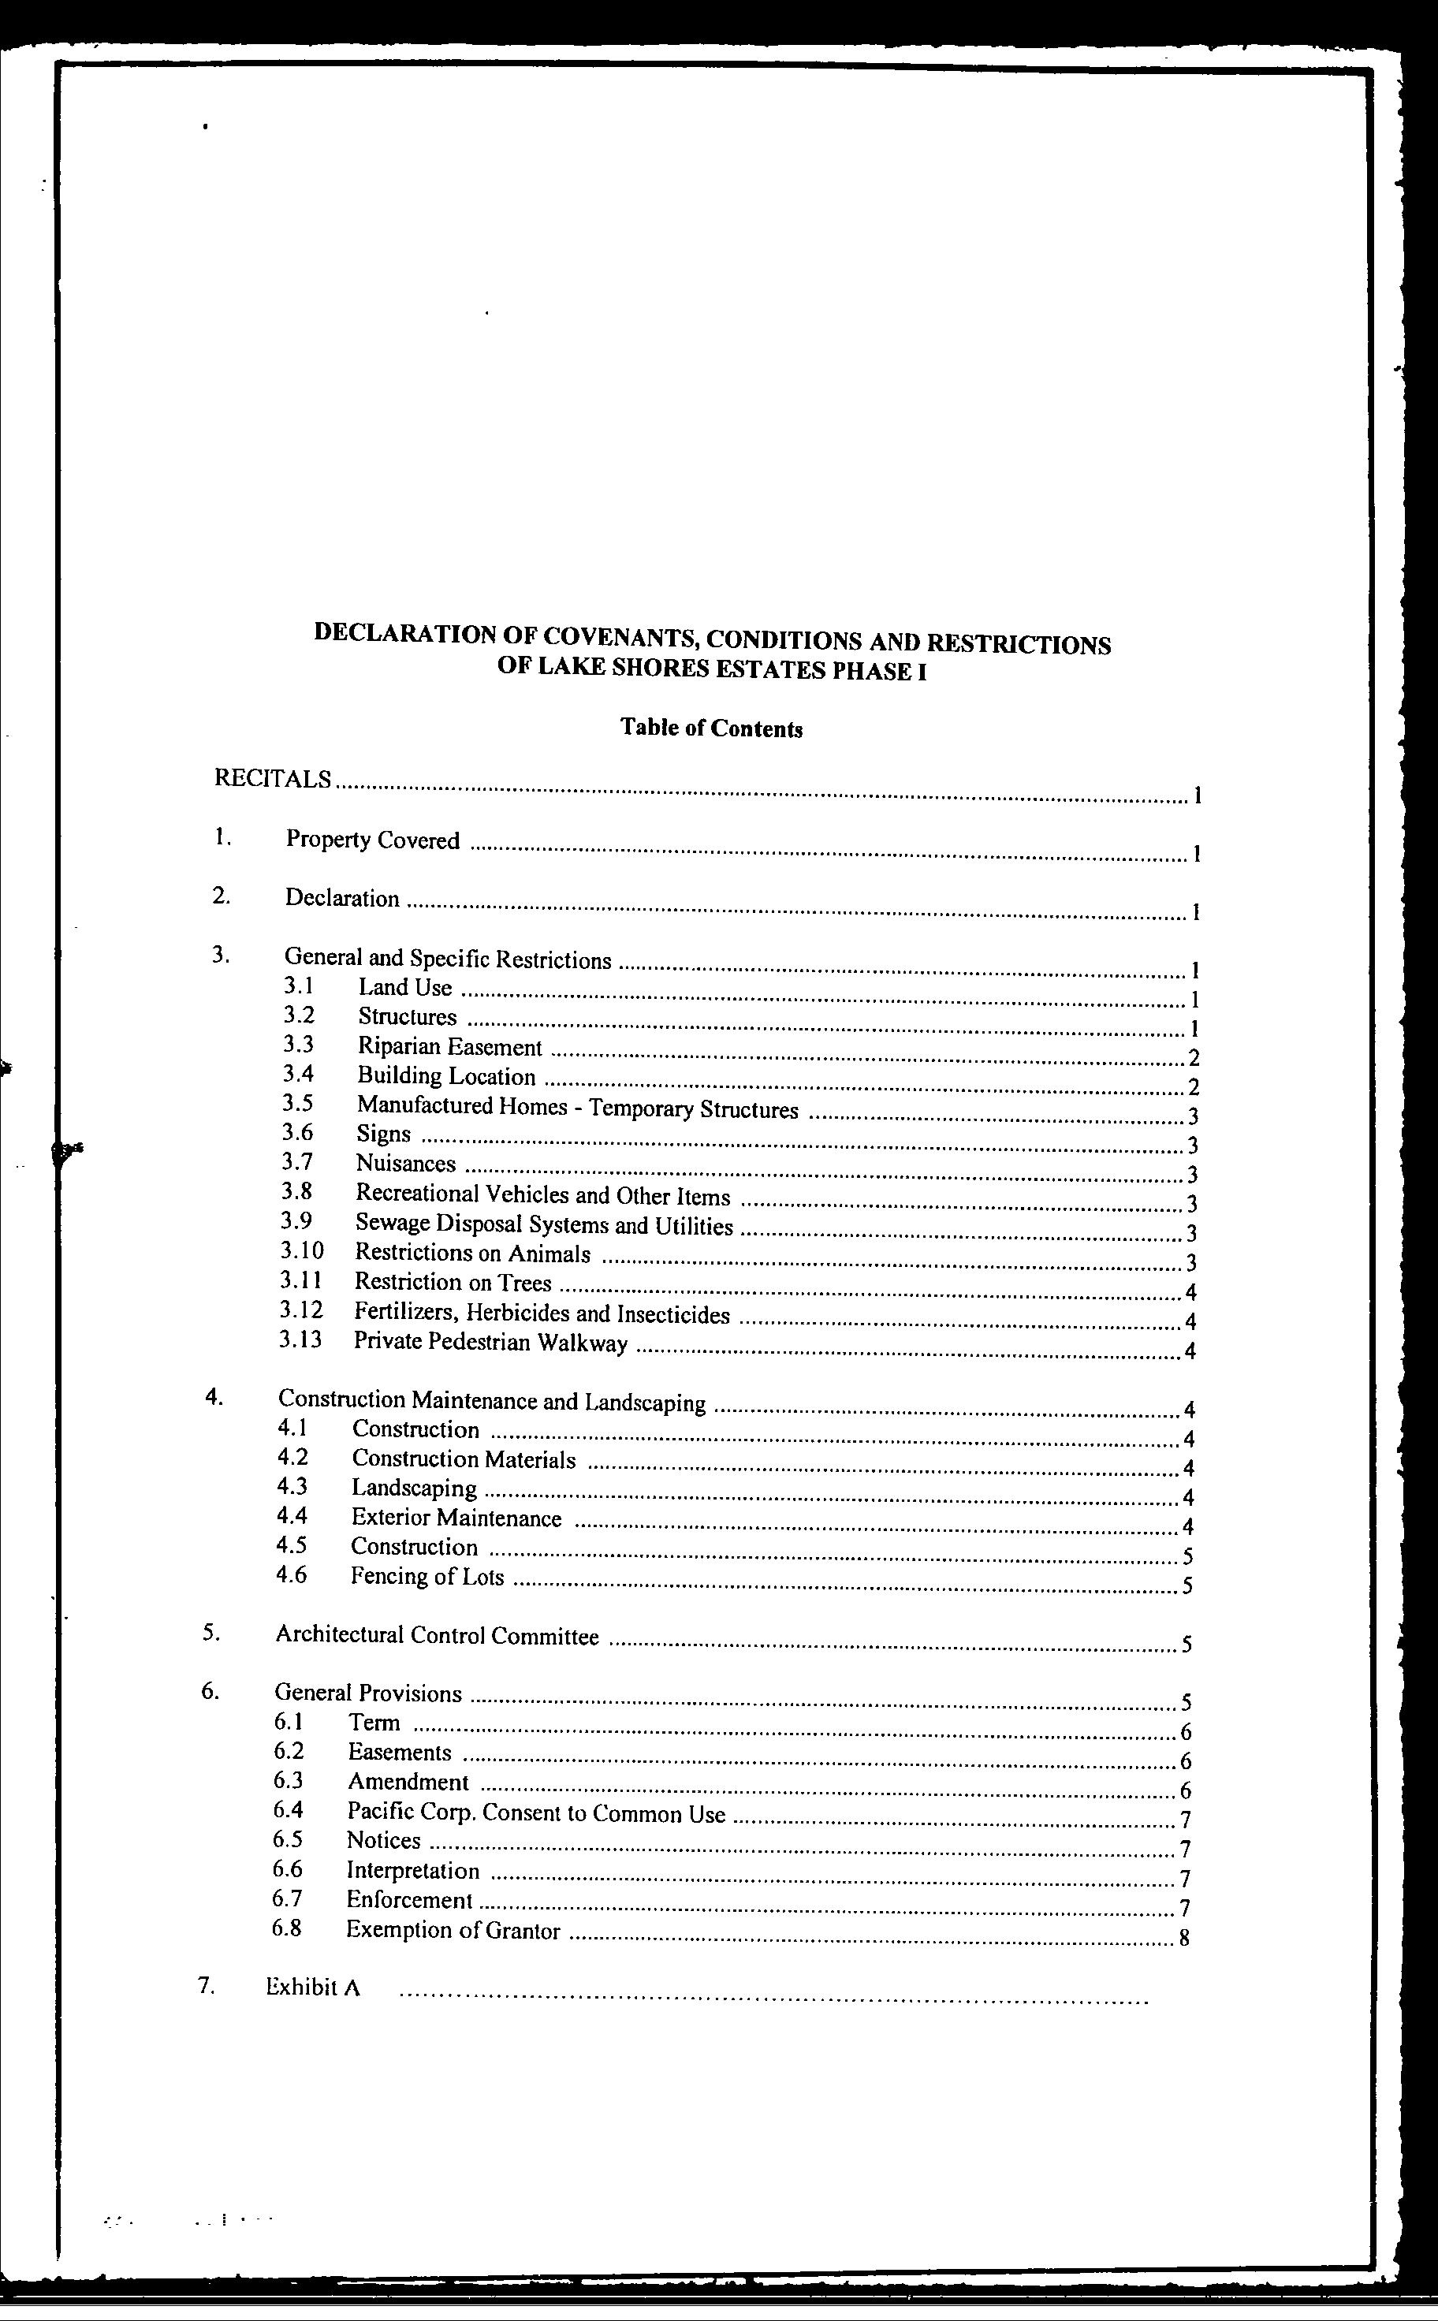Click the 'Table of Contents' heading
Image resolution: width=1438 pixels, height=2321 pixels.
click(x=711, y=728)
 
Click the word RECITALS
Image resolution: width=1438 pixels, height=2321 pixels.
click(x=273, y=779)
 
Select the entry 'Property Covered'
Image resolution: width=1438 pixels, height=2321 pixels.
click(x=373, y=840)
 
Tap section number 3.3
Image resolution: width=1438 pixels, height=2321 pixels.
click(x=299, y=1045)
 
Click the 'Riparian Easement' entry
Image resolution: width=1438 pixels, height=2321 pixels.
click(x=450, y=1048)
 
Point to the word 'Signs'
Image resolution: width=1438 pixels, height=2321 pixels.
click(x=383, y=1134)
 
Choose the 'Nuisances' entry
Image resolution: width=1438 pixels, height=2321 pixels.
click(x=406, y=1164)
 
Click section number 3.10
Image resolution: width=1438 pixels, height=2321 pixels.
click(x=301, y=1251)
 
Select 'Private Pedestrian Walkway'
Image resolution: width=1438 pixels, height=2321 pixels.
click(x=490, y=1343)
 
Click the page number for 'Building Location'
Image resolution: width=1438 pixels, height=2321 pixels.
click(x=1194, y=1088)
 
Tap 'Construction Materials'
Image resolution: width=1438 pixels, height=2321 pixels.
click(x=463, y=1459)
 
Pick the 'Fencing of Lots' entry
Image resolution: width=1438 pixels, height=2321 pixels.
click(x=427, y=1577)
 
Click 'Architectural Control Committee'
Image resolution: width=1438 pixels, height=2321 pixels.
click(x=438, y=1635)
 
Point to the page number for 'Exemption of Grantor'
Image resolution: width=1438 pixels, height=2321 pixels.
click(x=1184, y=1938)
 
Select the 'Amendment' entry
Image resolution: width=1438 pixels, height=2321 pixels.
click(x=408, y=1782)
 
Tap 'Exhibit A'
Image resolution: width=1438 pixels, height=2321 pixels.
click(x=313, y=1988)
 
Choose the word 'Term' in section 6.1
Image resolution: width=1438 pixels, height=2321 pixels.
click(x=374, y=1723)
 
